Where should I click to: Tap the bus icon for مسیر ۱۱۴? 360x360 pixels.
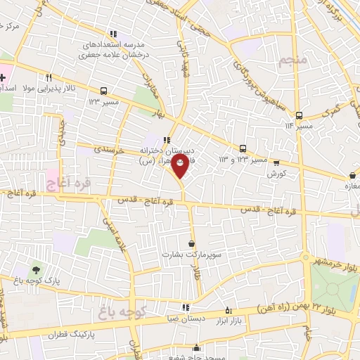[x=299, y=115]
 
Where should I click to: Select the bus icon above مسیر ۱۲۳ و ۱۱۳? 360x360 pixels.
[x=243, y=148]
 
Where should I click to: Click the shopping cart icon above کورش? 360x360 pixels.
[x=276, y=161]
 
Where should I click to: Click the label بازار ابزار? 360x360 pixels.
[x=228, y=320]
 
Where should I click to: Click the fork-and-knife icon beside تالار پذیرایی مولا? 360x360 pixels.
[x=48, y=77]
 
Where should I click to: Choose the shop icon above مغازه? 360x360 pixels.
[x=351, y=175]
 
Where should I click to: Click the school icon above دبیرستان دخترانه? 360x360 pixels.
[x=167, y=139]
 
